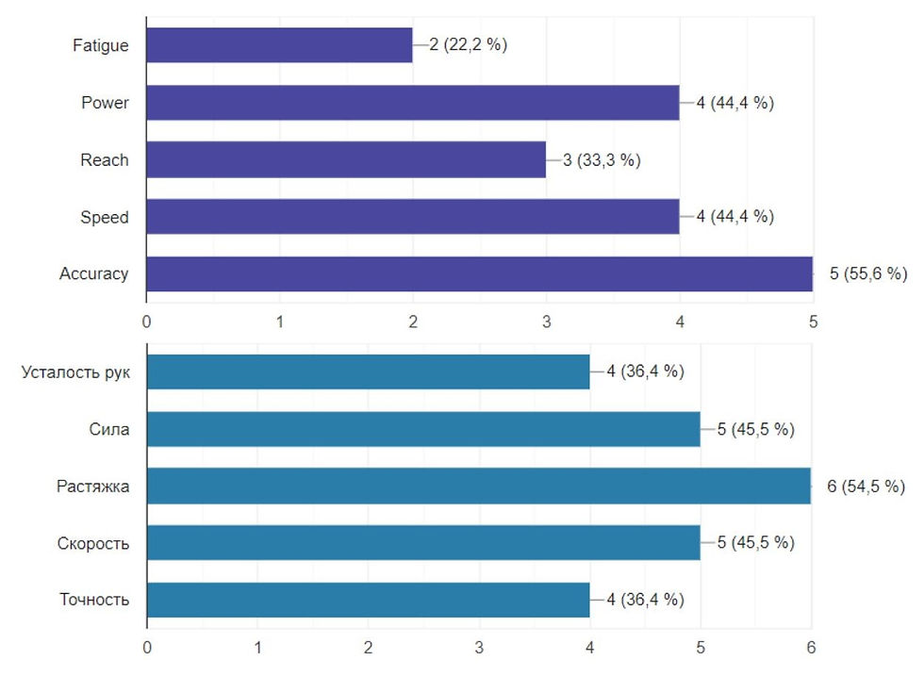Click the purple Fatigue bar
click(279, 44)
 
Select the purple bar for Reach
click(346, 159)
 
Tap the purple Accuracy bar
click(479, 273)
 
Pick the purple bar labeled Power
click(413, 102)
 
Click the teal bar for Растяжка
click(479, 486)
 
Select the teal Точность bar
click(368, 600)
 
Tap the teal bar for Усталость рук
click(368, 372)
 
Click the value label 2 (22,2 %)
click(468, 44)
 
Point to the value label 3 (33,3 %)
click(602, 159)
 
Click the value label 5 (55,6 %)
click(867, 273)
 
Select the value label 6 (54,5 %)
click(866, 487)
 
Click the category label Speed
click(105, 217)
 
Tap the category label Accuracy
click(93, 273)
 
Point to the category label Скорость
click(94, 543)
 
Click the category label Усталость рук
click(76, 372)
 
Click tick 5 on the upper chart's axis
click(813, 321)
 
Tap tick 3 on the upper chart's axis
click(546, 321)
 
